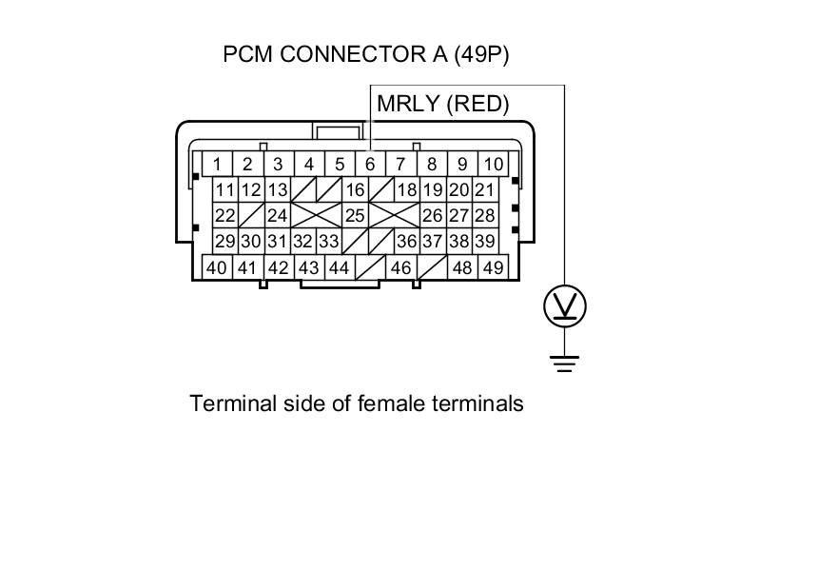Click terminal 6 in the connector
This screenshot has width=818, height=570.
pos(370,164)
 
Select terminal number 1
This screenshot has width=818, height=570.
pos(218,164)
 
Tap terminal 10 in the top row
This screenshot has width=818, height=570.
pos(492,164)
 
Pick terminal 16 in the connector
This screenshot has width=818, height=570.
pos(354,189)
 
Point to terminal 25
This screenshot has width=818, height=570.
pos(354,216)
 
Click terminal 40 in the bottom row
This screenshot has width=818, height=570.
pos(217,267)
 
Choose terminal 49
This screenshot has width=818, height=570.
pos(492,267)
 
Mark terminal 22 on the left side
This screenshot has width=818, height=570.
pos(224,216)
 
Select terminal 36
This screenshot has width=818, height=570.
pos(406,242)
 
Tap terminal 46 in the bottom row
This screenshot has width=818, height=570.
pos(400,267)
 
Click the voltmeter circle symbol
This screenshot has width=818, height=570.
pos(565,306)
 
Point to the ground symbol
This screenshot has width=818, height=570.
pos(565,363)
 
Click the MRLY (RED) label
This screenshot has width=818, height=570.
pos(443,104)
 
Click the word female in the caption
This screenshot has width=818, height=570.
pos(388,403)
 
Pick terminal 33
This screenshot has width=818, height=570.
pos(328,242)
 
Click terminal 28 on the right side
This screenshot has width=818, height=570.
pos(484,216)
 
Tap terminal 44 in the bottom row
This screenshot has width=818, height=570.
pos(339,267)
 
